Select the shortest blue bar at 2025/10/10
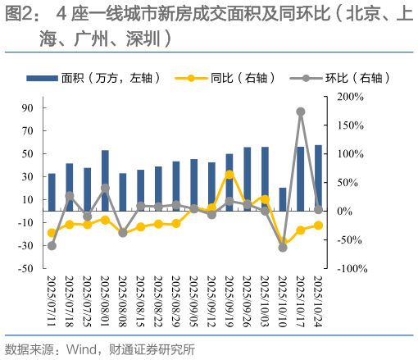point(283,199)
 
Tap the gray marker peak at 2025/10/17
point(301,112)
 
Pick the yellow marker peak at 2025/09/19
point(229,174)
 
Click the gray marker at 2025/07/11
point(52,245)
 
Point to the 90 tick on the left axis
point(27,107)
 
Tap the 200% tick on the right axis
point(349,97)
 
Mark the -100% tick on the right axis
point(348,268)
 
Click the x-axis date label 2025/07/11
point(51,301)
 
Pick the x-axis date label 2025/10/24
point(318,301)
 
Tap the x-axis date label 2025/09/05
point(193,301)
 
